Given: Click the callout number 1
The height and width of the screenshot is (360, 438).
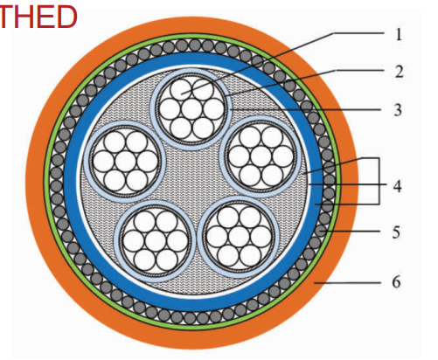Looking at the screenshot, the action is tap(399, 34).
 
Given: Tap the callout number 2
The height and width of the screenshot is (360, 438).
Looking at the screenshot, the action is tap(399, 72).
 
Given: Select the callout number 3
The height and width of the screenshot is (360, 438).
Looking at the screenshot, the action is tap(398, 110).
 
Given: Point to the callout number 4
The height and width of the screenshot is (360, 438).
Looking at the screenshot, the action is tap(397, 186).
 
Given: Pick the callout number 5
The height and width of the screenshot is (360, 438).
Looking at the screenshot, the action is tap(396, 232).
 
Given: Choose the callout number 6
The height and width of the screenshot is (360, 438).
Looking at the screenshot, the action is tap(396, 282).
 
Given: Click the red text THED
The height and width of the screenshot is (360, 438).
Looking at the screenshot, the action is tap(38, 17).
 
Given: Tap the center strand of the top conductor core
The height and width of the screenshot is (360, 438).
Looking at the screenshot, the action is tap(192, 109).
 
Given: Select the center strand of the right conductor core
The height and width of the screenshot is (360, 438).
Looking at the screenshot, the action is tap(261, 156).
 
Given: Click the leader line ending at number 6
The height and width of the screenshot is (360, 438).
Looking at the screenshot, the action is tap(347, 282).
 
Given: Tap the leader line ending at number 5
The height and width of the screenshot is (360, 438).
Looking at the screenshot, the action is tap(351, 232).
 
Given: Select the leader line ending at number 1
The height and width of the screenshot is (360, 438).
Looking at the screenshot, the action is tap(282, 63).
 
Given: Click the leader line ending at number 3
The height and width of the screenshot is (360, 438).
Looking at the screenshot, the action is tap(305, 109).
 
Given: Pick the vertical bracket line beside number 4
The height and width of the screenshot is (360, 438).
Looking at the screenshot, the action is tap(379, 181).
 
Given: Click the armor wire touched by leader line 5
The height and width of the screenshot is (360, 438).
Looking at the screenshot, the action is tap(321, 231).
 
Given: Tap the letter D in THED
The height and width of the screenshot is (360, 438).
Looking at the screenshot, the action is tap(66, 17).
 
